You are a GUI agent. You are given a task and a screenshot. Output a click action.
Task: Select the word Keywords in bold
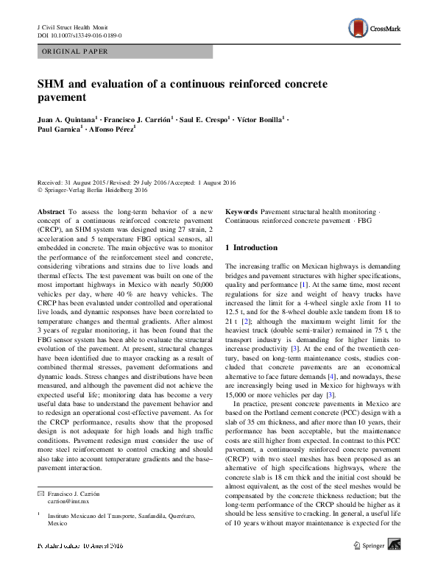tap(241, 211)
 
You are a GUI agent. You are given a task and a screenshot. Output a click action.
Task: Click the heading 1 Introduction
tap(251, 248)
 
